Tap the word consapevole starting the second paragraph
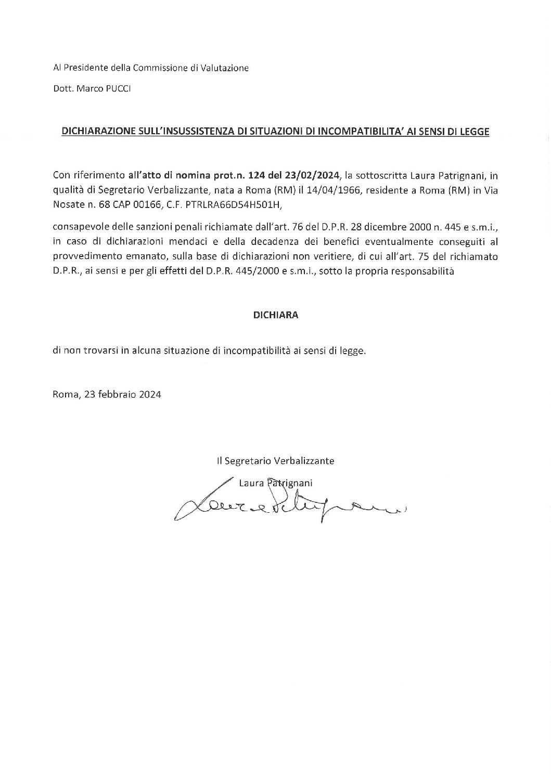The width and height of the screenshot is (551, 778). tap(77, 228)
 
